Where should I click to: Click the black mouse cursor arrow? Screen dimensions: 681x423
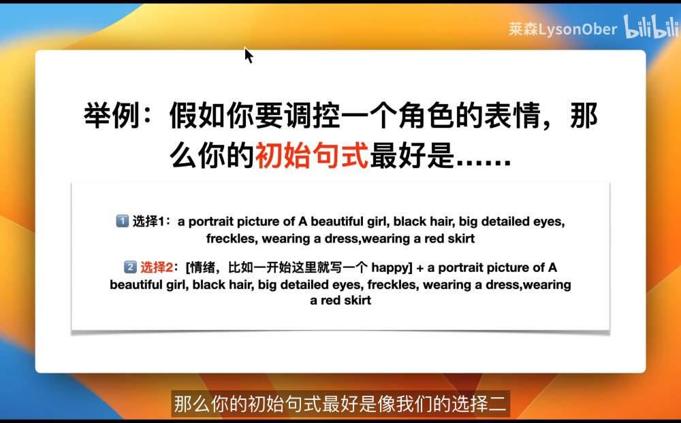click(248, 55)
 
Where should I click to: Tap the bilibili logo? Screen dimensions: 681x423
click(651, 27)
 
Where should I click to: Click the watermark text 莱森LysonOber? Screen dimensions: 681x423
click(563, 29)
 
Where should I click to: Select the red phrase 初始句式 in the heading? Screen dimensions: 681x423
click(312, 155)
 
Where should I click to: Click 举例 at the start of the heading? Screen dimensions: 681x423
click(112, 116)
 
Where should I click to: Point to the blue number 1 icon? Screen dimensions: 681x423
click(122, 221)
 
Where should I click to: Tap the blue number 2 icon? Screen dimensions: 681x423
click(130, 267)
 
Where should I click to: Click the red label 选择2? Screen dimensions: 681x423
click(157, 267)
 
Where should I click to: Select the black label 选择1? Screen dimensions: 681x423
click(148, 221)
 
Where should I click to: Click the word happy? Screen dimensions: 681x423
click(389, 268)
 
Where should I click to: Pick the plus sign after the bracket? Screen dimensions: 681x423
click(419, 268)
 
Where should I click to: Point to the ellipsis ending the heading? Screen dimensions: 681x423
click(483, 163)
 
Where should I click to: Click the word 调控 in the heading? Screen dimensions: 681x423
click(312, 116)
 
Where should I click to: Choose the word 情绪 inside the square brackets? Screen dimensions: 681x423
click(203, 267)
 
